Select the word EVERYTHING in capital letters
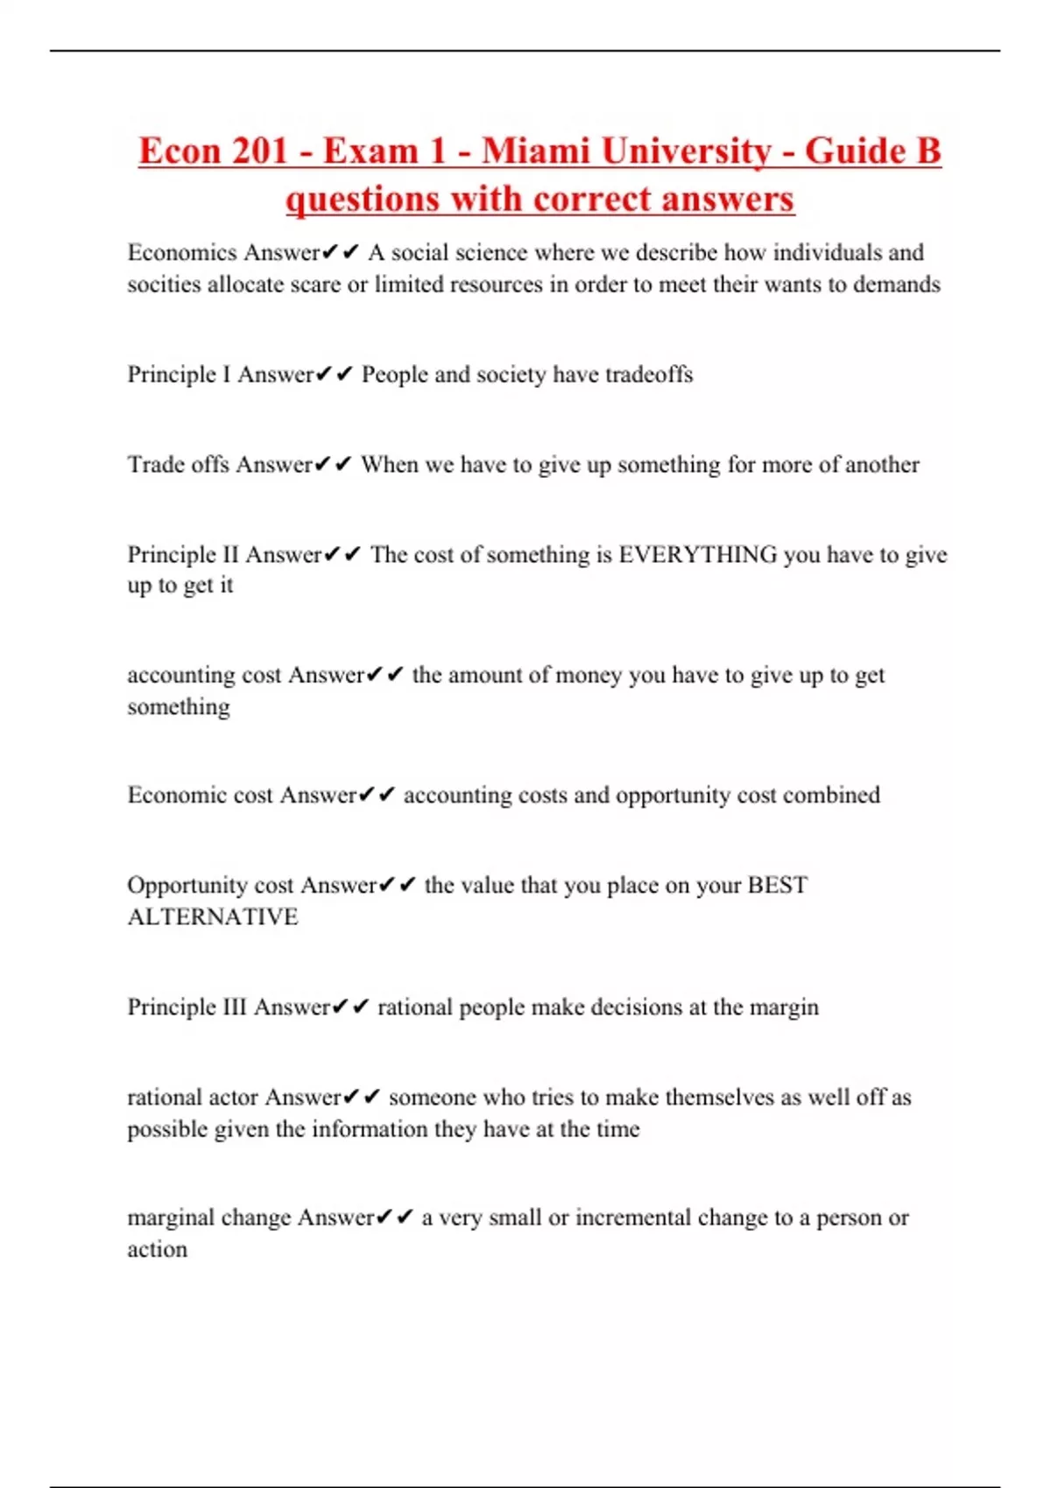(697, 555)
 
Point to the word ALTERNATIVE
(213, 917)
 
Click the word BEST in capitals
(777, 886)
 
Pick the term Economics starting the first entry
(182, 253)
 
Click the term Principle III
(187, 1007)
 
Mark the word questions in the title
(359, 200)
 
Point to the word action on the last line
(157, 1250)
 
